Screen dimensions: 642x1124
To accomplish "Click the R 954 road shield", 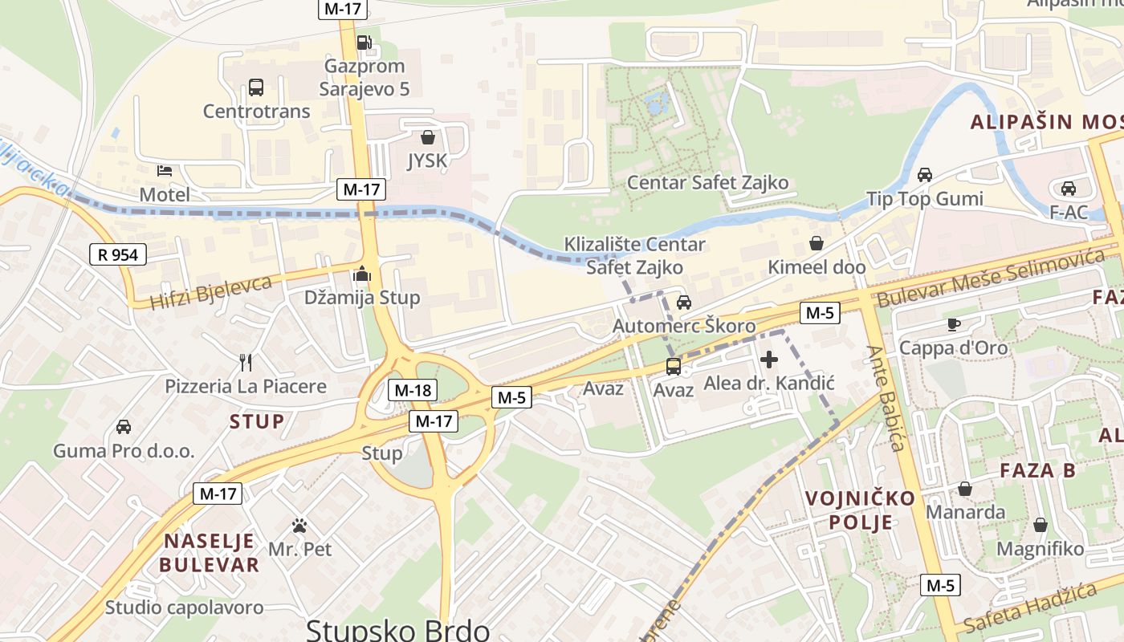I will tap(119, 255).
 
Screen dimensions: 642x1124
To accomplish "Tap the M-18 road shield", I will tap(413, 391).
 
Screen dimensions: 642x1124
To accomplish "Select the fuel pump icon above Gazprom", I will tap(364, 42).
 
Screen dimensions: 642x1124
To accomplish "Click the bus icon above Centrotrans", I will tap(256, 87).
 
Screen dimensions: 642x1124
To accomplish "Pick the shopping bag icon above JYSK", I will tap(428, 137).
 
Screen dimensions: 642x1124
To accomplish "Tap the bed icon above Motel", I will tap(165, 171).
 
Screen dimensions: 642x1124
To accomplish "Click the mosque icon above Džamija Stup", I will tap(362, 274).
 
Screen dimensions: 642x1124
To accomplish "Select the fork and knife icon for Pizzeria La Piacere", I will tap(246, 363).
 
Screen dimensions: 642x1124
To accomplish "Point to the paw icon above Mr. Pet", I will tap(299, 526).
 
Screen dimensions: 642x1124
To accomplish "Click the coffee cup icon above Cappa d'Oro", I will tap(953, 324).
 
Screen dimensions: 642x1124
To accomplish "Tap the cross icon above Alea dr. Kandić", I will tap(769, 360).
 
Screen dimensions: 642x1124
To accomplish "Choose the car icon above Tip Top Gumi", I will tap(925, 175).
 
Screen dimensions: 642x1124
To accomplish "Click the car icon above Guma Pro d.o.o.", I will tap(124, 426).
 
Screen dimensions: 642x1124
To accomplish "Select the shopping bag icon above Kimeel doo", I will tap(817, 243).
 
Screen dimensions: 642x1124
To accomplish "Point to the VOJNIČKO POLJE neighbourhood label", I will tap(860, 510).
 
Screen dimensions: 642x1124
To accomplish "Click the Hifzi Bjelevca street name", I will tap(212, 292).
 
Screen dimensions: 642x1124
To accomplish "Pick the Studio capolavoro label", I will tap(184, 607).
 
